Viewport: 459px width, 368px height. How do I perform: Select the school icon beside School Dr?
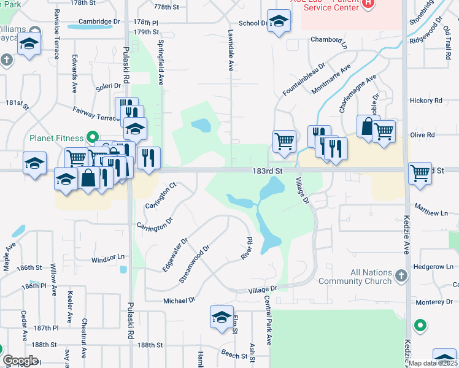tap(279, 23)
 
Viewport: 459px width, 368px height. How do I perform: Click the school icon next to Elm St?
tap(222, 317)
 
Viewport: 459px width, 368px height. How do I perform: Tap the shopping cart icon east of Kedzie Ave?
tap(420, 173)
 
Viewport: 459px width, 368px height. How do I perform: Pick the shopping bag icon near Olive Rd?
tap(368, 127)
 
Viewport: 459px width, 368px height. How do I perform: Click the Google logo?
tap(20, 361)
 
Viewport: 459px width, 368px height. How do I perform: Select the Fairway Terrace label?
tap(94, 113)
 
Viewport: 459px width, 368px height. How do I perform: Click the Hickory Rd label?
tap(426, 101)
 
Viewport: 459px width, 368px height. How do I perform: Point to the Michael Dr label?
tap(179, 301)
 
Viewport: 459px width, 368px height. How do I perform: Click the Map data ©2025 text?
tap(433, 363)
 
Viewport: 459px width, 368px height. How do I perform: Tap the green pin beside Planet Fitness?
tap(93, 137)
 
